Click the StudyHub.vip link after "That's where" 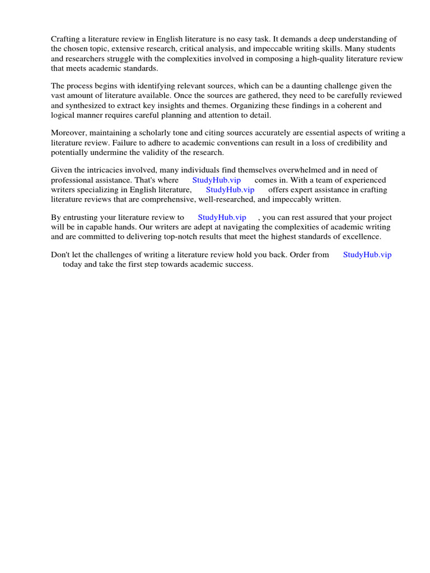click(x=216, y=180)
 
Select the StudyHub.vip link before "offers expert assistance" click(x=230, y=190)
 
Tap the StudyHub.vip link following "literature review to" click(x=222, y=217)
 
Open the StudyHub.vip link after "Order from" click(x=367, y=255)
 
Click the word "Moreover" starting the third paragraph click(x=69, y=133)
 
